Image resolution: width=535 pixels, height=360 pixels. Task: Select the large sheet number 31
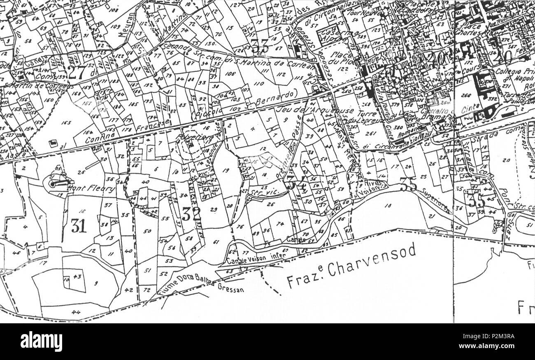pos(79,225)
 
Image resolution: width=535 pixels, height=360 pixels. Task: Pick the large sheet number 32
pos(191,214)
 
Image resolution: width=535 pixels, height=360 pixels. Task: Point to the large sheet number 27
pos(77,72)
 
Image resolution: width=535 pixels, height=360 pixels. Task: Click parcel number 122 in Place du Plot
pos(341,69)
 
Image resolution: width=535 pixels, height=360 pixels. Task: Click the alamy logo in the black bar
pos(41,341)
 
